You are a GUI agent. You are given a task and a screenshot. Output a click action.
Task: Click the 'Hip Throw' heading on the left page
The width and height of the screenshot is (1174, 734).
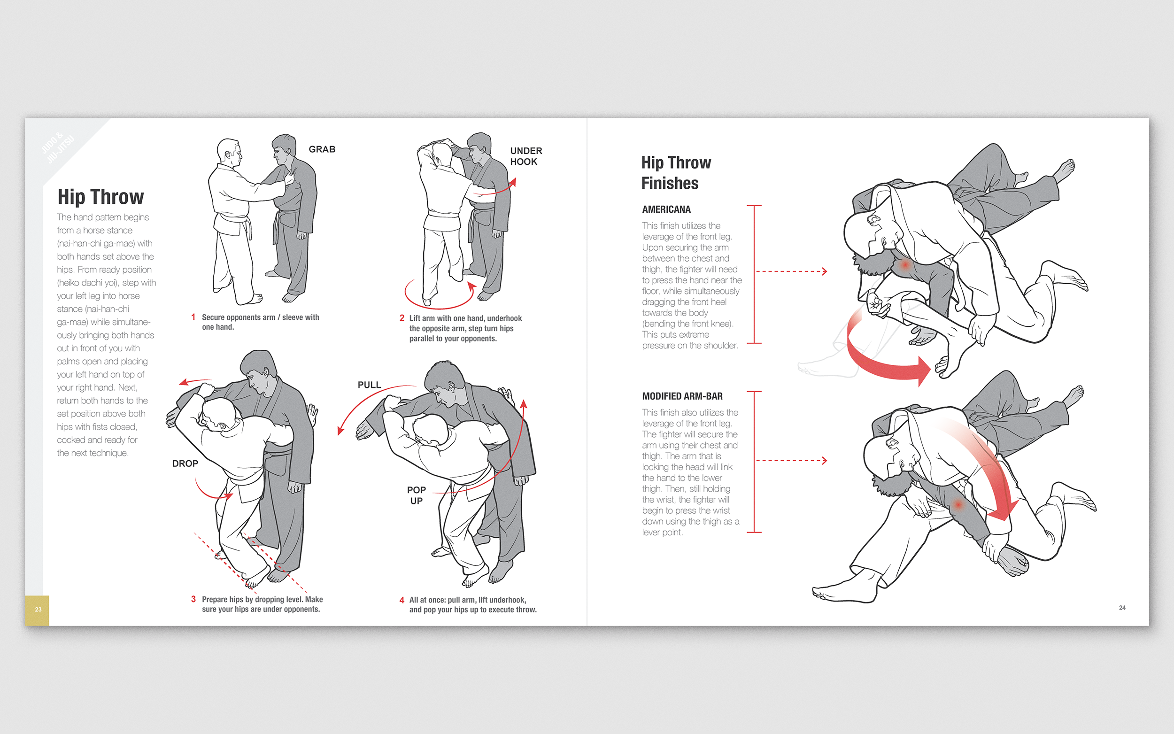pyautogui.click(x=100, y=197)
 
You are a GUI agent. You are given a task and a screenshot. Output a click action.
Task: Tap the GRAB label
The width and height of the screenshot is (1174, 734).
pyautogui.click(x=322, y=149)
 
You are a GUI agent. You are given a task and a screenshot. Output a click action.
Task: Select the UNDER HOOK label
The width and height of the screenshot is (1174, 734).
pyautogui.click(x=525, y=156)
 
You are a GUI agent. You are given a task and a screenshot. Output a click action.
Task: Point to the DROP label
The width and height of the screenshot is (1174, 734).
pyautogui.click(x=185, y=464)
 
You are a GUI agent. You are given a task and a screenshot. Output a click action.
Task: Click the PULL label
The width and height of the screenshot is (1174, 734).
pyautogui.click(x=369, y=385)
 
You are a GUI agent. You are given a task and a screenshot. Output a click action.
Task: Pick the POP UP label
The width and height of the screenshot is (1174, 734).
pyautogui.click(x=417, y=495)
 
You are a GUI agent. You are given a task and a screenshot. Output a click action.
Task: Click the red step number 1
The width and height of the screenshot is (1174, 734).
pyautogui.click(x=193, y=317)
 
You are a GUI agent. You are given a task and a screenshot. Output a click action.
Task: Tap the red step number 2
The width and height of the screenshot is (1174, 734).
pyautogui.click(x=402, y=318)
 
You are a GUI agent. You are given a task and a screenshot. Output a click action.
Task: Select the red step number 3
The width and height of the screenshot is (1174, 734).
pyautogui.click(x=193, y=599)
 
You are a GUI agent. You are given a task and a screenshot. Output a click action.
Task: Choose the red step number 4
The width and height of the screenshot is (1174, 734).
pyautogui.click(x=402, y=600)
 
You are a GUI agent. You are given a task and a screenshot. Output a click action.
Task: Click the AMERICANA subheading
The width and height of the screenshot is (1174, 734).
pyautogui.click(x=666, y=210)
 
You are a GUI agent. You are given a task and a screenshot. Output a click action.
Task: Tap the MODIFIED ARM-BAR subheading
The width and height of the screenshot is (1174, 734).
pyautogui.click(x=682, y=396)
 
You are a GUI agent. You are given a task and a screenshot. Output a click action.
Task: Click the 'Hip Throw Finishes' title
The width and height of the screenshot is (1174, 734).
pyautogui.click(x=676, y=173)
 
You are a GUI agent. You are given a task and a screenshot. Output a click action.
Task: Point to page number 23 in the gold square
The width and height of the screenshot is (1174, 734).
pyautogui.click(x=38, y=610)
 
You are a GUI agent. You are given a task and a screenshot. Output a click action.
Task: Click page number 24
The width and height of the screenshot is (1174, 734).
pyautogui.click(x=1122, y=608)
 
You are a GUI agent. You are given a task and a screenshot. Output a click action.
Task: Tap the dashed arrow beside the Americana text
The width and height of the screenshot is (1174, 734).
pyautogui.click(x=791, y=271)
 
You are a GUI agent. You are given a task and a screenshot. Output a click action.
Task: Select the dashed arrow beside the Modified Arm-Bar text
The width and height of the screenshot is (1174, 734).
pyautogui.click(x=791, y=461)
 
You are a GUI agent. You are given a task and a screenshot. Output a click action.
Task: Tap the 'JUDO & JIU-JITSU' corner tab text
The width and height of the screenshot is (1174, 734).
pyautogui.click(x=58, y=147)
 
